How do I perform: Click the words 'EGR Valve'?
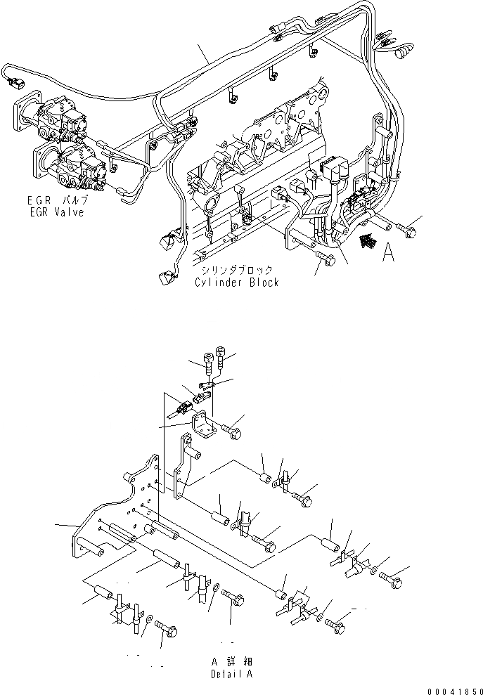(53, 212)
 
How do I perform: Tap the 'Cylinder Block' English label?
(236, 282)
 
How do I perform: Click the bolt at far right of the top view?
(407, 226)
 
